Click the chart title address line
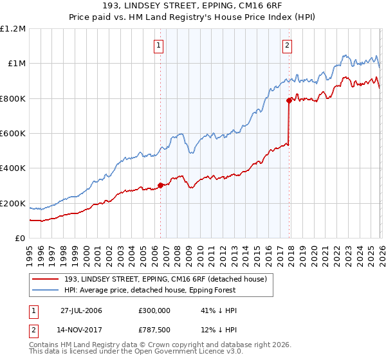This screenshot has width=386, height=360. [x=192, y=7]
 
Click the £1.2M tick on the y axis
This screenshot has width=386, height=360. [x=13, y=29]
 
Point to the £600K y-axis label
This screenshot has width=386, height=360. [x=12, y=134]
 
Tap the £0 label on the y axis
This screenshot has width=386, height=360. [x=21, y=239]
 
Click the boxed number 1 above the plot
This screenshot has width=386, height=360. [x=159, y=45]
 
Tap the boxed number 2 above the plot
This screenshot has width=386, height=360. [x=286, y=45]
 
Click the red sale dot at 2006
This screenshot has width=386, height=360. [x=160, y=186]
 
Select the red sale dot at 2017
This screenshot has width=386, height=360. [x=289, y=100]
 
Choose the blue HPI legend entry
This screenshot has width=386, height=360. [x=167, y=291]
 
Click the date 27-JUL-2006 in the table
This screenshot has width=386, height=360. [x=81, y=310]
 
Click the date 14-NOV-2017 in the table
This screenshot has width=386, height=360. [x=81, y=332]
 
